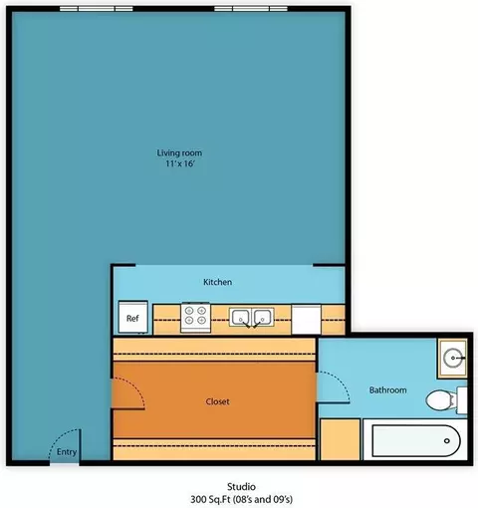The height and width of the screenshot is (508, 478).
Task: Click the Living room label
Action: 179,153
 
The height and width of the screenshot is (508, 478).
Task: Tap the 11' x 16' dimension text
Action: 180,163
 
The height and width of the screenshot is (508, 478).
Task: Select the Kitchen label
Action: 217,282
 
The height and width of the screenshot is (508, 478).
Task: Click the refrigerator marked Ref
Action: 132,317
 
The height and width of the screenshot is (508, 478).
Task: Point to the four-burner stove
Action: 195,317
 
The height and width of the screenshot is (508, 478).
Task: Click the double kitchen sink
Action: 252,318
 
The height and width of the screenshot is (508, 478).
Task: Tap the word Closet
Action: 217,401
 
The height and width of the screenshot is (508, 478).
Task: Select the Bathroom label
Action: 387,389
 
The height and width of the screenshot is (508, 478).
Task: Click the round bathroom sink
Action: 453,359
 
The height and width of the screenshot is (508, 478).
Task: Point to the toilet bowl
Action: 439,400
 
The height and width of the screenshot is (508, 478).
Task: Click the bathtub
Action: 416,440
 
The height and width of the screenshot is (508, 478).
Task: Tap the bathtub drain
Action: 447,441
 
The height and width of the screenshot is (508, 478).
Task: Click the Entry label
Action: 67,452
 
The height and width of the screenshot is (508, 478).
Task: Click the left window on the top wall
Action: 97,9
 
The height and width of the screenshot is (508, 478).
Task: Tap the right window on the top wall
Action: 251,9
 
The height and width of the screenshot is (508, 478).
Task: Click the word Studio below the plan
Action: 241,487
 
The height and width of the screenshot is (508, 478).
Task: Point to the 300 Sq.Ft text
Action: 211,499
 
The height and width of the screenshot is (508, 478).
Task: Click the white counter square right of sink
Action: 306,320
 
